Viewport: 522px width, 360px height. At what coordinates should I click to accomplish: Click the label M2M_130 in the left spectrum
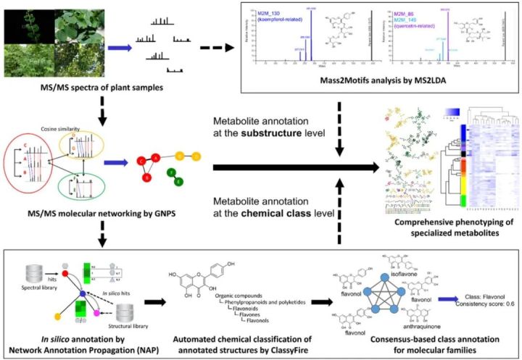[273, 13]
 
